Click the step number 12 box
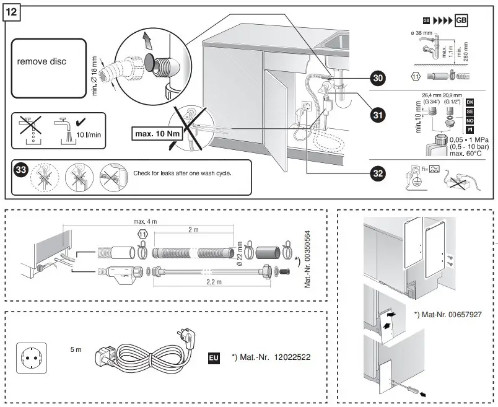pos(12,13)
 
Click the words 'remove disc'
pos(41,62)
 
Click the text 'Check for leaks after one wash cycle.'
pos(182,173)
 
